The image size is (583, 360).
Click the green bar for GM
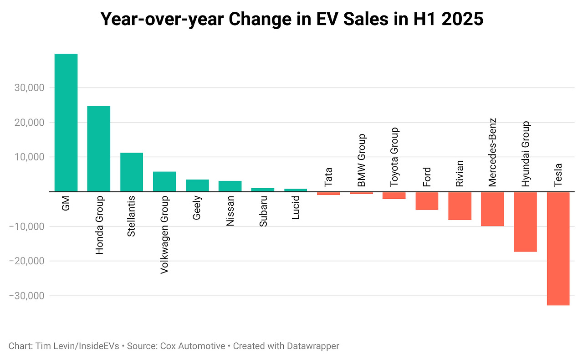coord(66,123)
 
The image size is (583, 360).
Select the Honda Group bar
coord(99,149)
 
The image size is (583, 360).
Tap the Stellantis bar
coord(132,172)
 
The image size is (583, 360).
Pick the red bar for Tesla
coord(558,248)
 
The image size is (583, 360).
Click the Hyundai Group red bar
coord(525,222)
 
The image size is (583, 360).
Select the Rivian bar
coord(460,206)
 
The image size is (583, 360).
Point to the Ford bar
coord(427,201)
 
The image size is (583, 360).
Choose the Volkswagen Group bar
coord(164,181)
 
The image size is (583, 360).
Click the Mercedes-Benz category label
coord(492,153)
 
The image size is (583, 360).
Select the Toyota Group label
coord(394,157)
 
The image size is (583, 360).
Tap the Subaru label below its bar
coord(263,211)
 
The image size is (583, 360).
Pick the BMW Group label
coord(361,160)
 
